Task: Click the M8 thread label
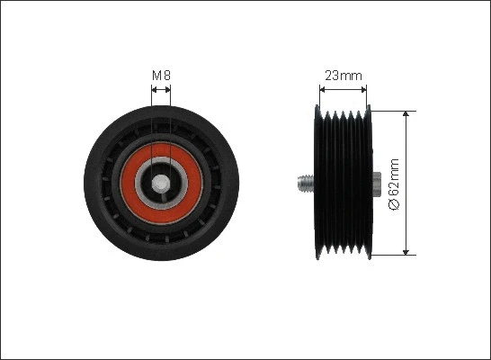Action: [x=160, y=76]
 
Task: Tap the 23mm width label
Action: [x=343, y=76]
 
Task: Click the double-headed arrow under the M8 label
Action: [x=160, y=90]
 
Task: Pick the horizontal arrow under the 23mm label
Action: [x=343, y=90]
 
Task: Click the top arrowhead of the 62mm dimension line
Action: [x=409, y=116]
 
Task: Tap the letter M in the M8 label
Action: [x=156, y=76]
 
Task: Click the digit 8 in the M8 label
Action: [x=166, y=76]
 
